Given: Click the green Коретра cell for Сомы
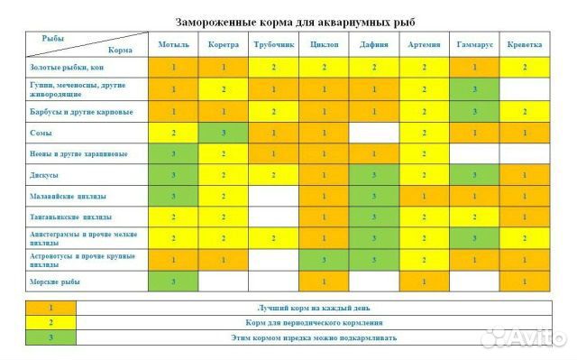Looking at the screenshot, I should click(224, 133).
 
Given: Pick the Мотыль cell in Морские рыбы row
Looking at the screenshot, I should click(173, 282).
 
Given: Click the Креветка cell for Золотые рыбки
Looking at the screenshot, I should click(524, 67).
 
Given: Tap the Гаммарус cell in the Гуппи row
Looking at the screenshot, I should click(474, 88).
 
